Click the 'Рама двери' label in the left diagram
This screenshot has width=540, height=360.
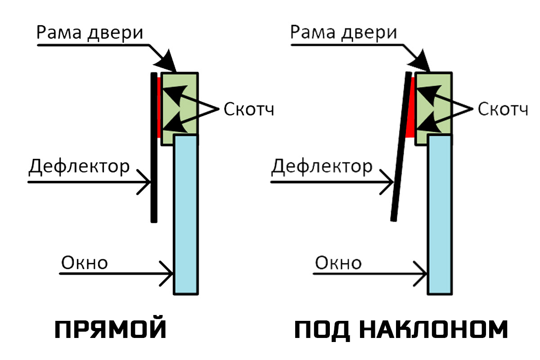pyautogui.click(x=90, y=32)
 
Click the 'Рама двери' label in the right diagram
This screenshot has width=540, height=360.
pyautogui.click(x=343, y=32)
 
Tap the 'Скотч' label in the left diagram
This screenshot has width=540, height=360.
pyautogui.click(x=249, y=109)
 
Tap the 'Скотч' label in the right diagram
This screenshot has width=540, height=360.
pyautogui.click(x=503, y=109)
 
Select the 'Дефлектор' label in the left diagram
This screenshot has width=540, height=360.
pyautogui.click(x=79, y=166)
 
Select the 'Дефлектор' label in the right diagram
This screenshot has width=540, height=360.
pyautogui.click(x=322, y=166)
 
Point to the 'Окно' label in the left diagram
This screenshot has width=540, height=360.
pyautogui.click(x=85, y=263)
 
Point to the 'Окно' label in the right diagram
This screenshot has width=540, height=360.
pyautogui.click(x=338, y=263)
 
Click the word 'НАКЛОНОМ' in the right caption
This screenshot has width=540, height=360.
pyautogui.click(x=434, y=330)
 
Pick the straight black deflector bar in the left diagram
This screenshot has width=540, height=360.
pyautogui.click(x=154, y=147)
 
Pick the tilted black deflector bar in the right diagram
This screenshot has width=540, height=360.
pyautogui.click(x=401, y=146)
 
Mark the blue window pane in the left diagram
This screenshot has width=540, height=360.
pyautogui.click(x=186, y=215)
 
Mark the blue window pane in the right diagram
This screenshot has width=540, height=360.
pyautogui.click(x=440, y=215)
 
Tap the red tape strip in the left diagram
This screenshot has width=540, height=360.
pyautogui.click(x=159, y=108)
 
